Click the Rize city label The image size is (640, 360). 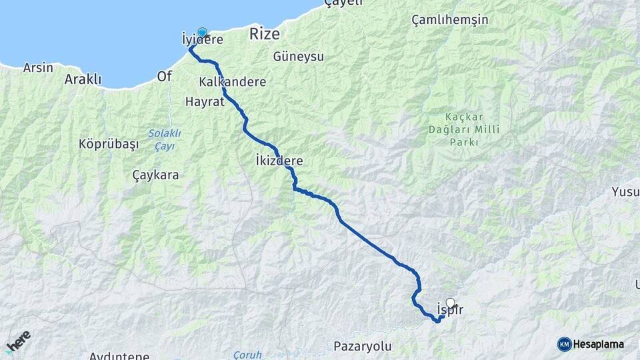[x=265, y=34]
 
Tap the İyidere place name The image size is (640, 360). [x=202, y=41]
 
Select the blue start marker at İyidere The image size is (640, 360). [x=202, y=31]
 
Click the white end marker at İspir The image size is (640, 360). [x=451, y=302]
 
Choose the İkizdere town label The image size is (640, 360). [x=279, y=161]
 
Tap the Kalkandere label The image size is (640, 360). [x=233, y=82]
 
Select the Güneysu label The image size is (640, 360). [x=299, y=57]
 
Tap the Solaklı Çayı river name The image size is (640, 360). [x=164, y=139]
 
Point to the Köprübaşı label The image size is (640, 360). [x=108, y=144]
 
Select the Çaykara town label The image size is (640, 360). [x=155, y=175]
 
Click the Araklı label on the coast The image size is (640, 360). [x=83, y=79]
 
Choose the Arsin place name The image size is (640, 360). [x=38, y=67]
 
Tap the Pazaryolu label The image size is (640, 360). [x=362, y=347]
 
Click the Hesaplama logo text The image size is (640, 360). [x=598, y=344]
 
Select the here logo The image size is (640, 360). [x=18, y=341]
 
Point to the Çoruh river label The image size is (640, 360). [x=247, y=355]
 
